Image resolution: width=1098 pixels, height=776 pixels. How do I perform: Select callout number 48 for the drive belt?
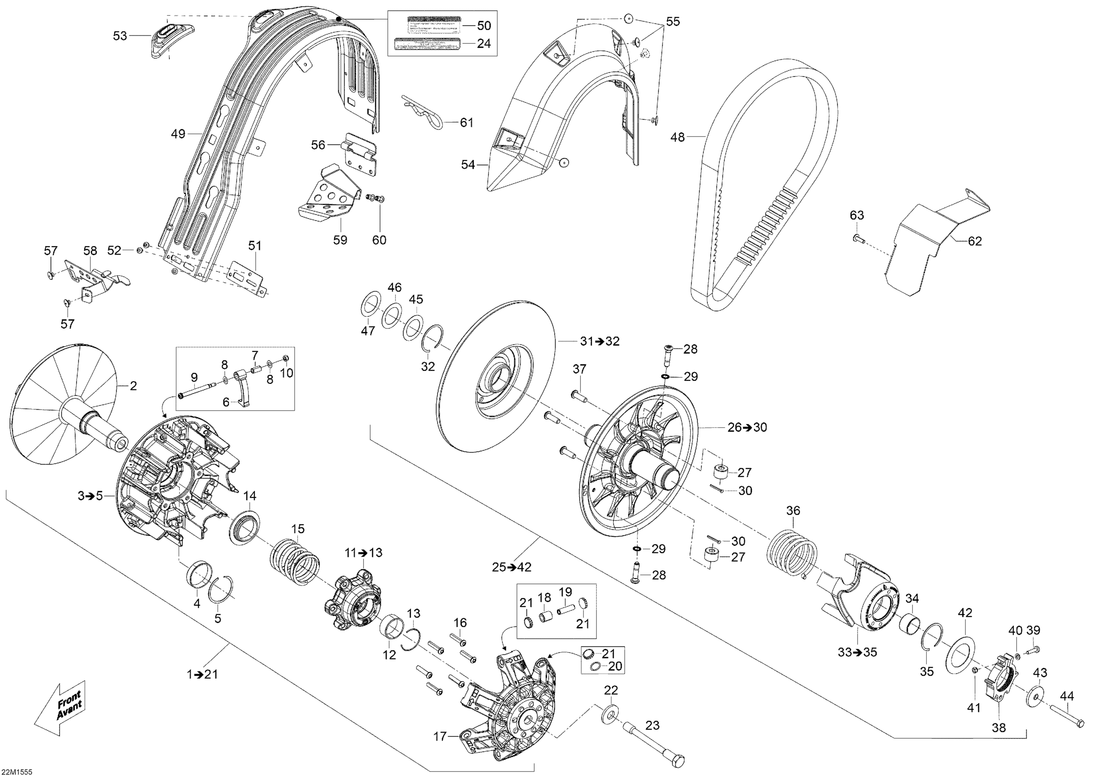click(x=677, y=138)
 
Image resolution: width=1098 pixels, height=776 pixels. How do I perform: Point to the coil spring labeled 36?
click(x=791, y=550)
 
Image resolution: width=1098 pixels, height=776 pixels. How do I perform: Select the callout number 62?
click(x=975, y=241)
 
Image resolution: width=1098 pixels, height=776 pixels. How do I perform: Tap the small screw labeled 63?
click(x=856, y=237)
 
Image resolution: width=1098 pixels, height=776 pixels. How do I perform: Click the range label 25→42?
click(x=512, y=567)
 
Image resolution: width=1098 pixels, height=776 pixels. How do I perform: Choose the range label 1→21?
click(x=202, y=675)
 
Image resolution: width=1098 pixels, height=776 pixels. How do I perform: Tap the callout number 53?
click(x=120, y=36)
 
